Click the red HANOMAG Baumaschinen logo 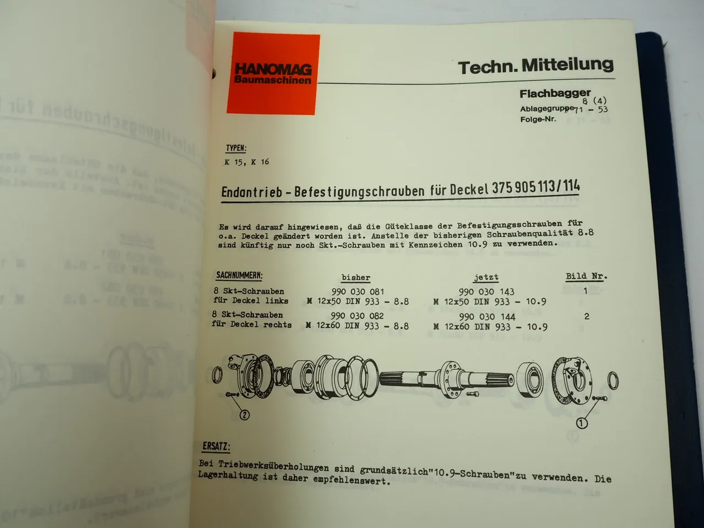pyautogui.click(x=273, y=74)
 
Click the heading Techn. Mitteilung pyautogui.click(x=536, y=67)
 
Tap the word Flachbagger pyautogui.click(x=555, y=94)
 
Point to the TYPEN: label pyautogui.click(x=236, y=148)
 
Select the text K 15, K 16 pyautogui.click(x=246, y=162)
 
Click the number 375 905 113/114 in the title pyautogui.click(x=536, y=188)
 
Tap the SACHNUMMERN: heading pyautogui.click(x=239, y=275)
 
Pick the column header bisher pyautogui.click(x=356, y=278)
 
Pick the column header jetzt pyautogui.click(x=486, y=278)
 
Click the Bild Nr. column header pyautogui.click(x=586, y=276)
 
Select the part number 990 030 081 pyautogui.click(x=358, y=291)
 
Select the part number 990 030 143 pyautogui.click(x=486, y=291)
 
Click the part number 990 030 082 pyautogui.click(x=357, y=316)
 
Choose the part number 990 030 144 pyautogui.click(x=487, y=316)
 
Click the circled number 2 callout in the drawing pyautogui.click(x=244, y=415)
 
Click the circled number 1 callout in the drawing pyautogui.click(x=581, y=422)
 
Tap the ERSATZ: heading pyautogui.click(x=216, y=446)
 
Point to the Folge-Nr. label pyautogui.click(x=538, y=119)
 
